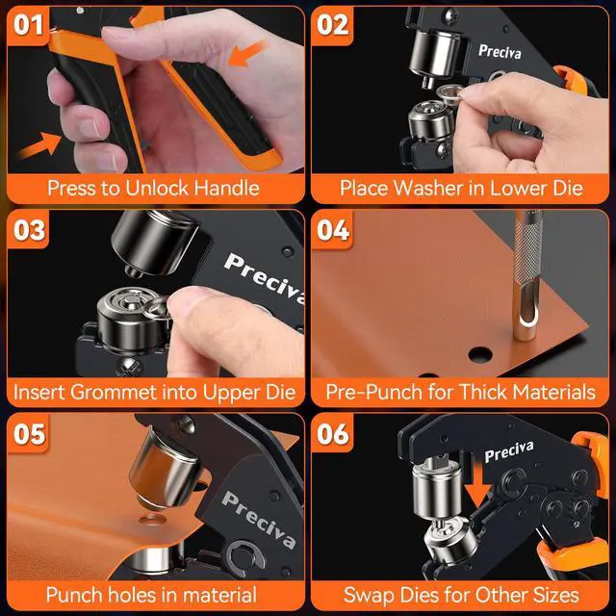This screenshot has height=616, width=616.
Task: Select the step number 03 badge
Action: pyautogui.click(x=28, y=232)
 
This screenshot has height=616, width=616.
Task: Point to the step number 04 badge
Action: pyautogui.click(x=334, y=232)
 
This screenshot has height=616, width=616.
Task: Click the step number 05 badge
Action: pyautogui.click(x=28, y=435)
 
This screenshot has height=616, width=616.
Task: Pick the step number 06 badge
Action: pyautogui.click(x=334, y=435)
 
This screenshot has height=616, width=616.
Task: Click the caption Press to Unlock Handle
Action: pyautogui.click(x=153, y=187)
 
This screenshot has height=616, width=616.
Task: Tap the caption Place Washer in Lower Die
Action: pyautogui.click(x=461, y=187)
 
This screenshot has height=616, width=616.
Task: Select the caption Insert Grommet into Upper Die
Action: pyautogui.click(x=153, y=392)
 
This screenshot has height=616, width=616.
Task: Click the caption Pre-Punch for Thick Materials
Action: pyautogui.click(x=461, y=392)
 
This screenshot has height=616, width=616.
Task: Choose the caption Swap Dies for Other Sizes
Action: pyautogui.click(x=461, y=595)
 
